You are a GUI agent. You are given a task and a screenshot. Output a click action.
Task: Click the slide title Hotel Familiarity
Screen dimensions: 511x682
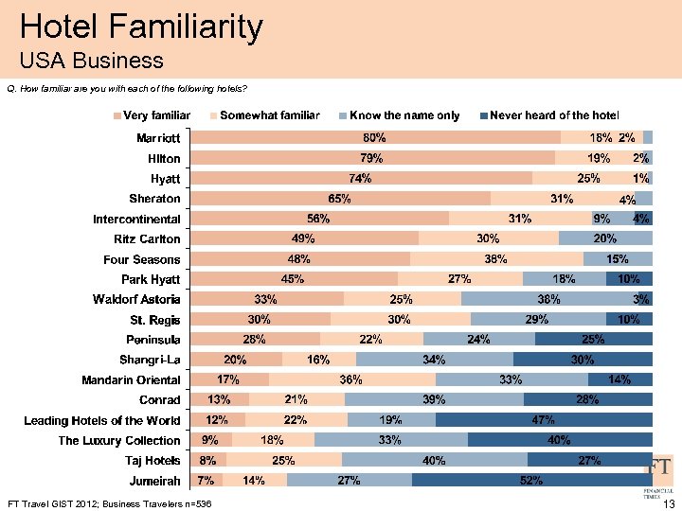tap(141, 26)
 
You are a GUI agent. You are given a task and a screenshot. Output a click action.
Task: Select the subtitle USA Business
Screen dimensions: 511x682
tap(91, 62)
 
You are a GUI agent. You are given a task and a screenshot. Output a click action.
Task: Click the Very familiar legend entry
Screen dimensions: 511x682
tap(152, 115)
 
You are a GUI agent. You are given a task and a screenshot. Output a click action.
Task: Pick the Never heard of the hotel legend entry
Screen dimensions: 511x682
tap(548, 115)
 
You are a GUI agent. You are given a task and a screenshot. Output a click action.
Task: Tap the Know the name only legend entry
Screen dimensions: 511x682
tap(399, 115)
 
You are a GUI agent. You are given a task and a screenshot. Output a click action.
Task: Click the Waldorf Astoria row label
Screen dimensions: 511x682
tap(135, 299)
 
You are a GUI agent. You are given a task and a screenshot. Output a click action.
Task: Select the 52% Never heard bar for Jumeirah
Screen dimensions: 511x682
tap(531, 481)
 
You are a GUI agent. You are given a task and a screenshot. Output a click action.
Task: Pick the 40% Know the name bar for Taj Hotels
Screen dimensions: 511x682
tap(434, 461)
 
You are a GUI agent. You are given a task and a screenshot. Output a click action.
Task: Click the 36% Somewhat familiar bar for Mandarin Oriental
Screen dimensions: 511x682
tap(351, 379)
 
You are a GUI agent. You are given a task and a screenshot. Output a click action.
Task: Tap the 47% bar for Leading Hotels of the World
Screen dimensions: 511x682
tap(543, 420)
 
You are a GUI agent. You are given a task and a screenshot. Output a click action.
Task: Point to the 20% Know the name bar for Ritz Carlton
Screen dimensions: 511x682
tap(605, 238)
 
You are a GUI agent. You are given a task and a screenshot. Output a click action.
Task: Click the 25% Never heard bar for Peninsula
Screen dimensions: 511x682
tap(594, 339)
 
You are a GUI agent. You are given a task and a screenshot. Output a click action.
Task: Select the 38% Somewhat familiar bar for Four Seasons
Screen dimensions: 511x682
tap(496, 258)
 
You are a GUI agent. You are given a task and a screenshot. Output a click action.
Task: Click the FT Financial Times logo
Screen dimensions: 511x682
tap(661, 473)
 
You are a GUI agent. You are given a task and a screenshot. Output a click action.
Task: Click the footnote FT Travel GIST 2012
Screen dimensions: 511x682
tap(108, 502)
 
